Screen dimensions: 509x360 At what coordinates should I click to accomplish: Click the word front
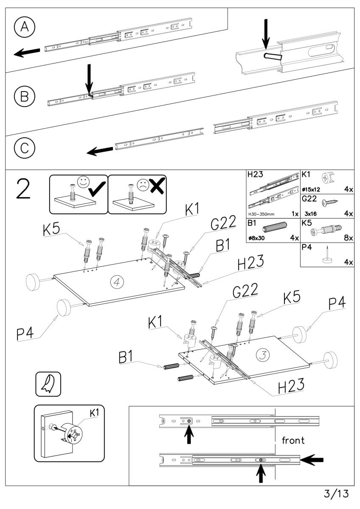coord(293,440)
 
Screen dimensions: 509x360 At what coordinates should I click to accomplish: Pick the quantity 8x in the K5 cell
coord(349,238)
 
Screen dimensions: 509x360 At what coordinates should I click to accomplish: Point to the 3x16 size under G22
coord(312,214)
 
